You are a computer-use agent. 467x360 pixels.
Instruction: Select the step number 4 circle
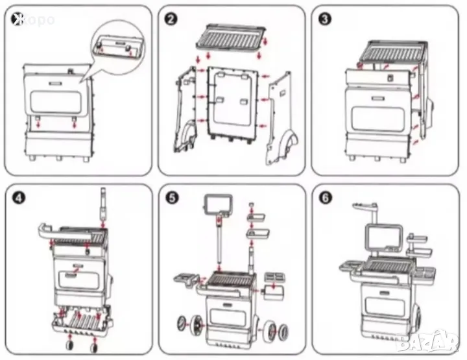(x=19, y=198)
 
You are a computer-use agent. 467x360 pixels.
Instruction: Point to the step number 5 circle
(x=172, y=198)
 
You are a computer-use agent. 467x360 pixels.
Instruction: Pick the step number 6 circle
(x=326, y=198)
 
